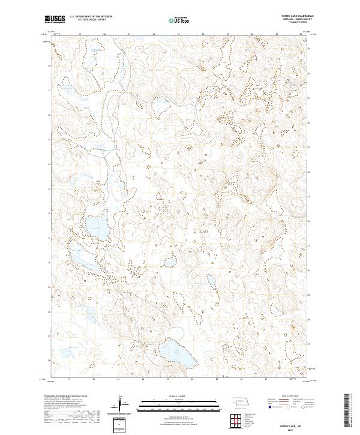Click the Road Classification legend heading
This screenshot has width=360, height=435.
tap(281, 397)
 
